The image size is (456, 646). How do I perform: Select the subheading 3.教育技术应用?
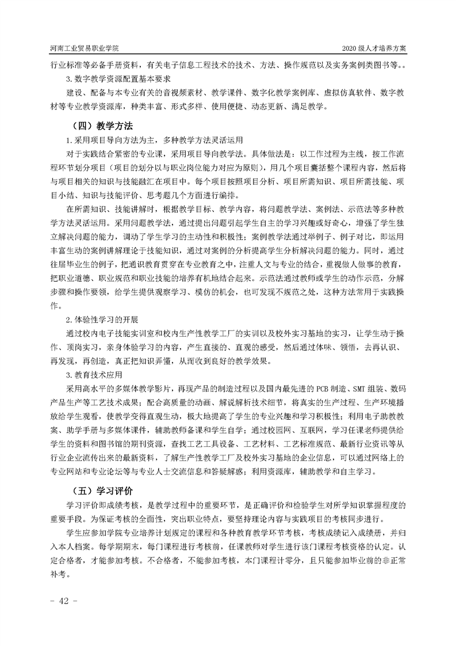coord(95,375)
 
